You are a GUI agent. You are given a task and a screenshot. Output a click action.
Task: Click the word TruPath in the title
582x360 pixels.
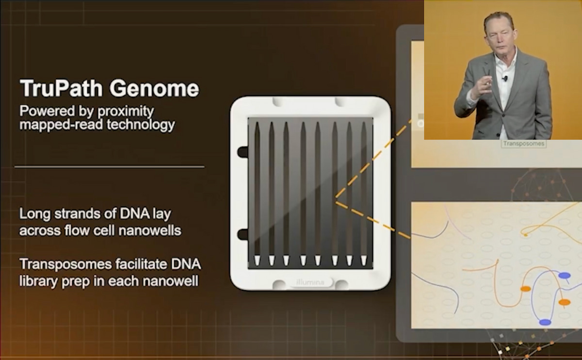coord(61,88)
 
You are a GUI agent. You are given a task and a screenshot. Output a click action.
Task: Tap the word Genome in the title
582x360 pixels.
coord(154,88)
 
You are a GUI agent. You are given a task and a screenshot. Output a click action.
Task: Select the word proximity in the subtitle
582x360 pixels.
coord(126,112)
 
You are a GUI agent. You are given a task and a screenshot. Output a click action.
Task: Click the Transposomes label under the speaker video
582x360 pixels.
coord(523,144)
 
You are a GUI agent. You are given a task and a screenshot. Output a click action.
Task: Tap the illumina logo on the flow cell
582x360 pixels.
coord(310,282)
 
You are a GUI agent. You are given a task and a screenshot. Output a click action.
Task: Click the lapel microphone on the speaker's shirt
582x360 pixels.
coord(505,78)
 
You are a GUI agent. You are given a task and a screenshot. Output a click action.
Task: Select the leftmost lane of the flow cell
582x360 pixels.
coord(257,194)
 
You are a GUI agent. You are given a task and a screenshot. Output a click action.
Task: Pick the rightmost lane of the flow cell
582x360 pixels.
coord(364,194)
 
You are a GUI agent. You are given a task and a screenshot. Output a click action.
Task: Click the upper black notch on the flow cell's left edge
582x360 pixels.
coord(243,152)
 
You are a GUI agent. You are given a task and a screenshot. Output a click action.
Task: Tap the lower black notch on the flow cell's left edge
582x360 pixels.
coord(243,234)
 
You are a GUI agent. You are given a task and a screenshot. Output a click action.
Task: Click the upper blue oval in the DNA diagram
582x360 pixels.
coord(565,275)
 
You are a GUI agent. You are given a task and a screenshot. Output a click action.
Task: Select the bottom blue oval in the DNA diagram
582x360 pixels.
coord(545,322)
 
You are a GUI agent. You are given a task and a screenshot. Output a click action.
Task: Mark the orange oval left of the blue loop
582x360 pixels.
coord(526,289)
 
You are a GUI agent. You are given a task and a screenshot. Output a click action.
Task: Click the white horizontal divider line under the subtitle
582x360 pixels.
coord(110,166)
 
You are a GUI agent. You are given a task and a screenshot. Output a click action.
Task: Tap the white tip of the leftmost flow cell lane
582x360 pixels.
coord(257,261)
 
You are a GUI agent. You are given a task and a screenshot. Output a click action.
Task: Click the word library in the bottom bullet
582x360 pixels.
coord(39,281)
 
